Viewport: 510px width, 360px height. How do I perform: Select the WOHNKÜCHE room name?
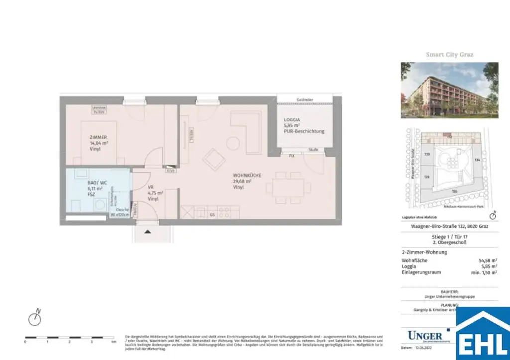pyautogui.click(x=247, y=175)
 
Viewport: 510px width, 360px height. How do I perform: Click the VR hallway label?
pyautogui.click(x=151, y=187)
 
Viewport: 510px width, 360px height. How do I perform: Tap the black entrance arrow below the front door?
pyautogui.click(x=147, y=231)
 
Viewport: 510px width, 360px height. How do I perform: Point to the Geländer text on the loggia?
pyautogui.click(x=304, y=100)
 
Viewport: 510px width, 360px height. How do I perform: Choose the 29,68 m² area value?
pyautogui.click(x=242, y=182)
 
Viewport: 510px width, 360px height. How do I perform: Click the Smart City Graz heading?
pyautogui.click(x=449, y=55)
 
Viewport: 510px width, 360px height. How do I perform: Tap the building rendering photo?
pyautogui.click(x=449, y=90)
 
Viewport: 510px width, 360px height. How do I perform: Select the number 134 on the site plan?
pyautogui.click(x=477, y=160)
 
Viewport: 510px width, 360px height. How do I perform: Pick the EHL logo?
pyautogui.click(x=482, y=334)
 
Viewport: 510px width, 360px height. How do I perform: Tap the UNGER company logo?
pyautogui.click(x=424, y=335)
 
